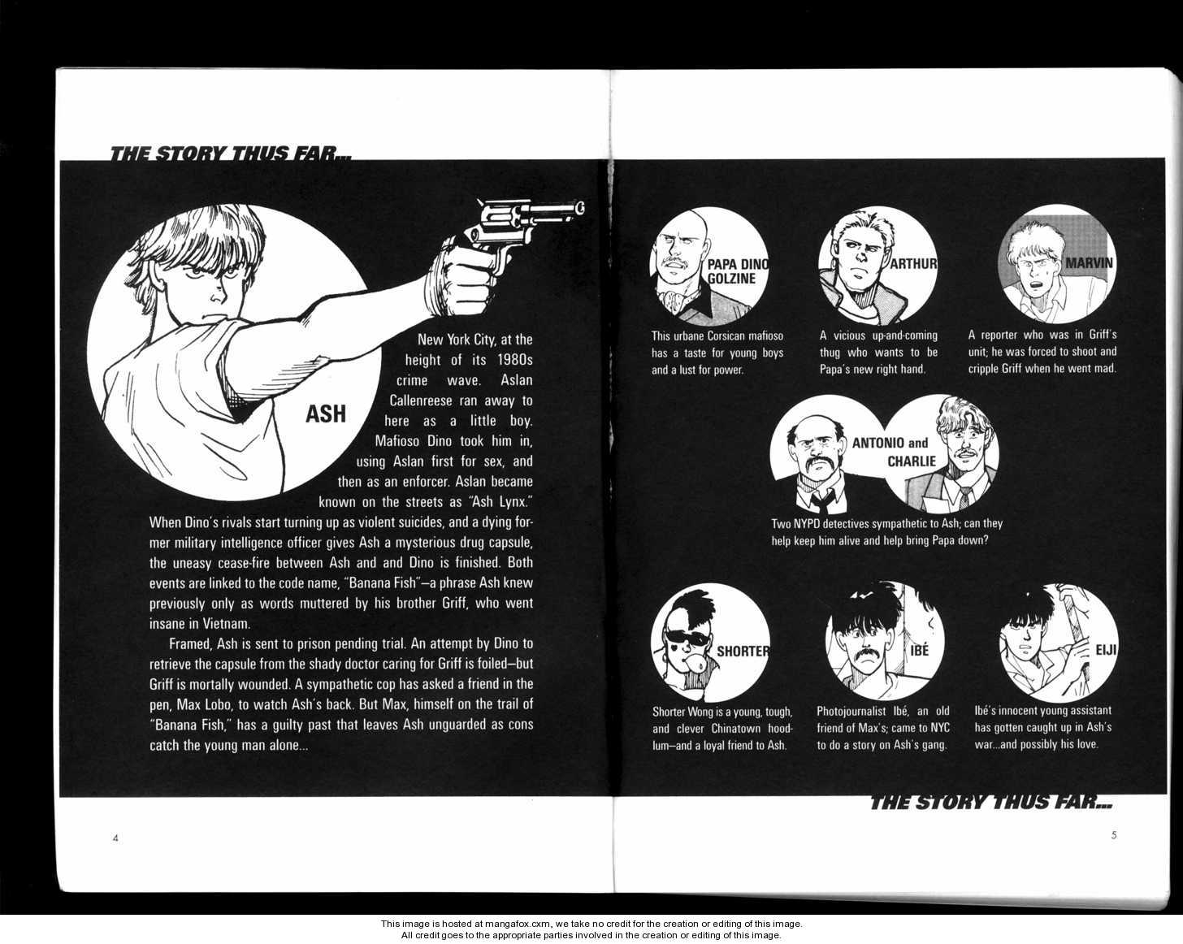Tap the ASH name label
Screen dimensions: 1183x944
[x=326, y=414]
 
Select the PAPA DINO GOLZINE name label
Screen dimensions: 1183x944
[x=737, y=271]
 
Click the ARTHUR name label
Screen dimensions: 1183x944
[x=913, y=264]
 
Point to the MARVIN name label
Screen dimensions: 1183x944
[x=1089, y=262]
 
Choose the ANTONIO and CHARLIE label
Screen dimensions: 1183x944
[x=889, y=452]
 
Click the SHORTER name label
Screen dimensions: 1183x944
[x=743, y=652]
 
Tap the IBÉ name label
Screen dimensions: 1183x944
[x=919, y=651]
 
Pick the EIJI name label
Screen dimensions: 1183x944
[x=1106, y=650]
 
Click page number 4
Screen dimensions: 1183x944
[x=115, y=838]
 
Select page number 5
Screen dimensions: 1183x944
[x=1114, y=835]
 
